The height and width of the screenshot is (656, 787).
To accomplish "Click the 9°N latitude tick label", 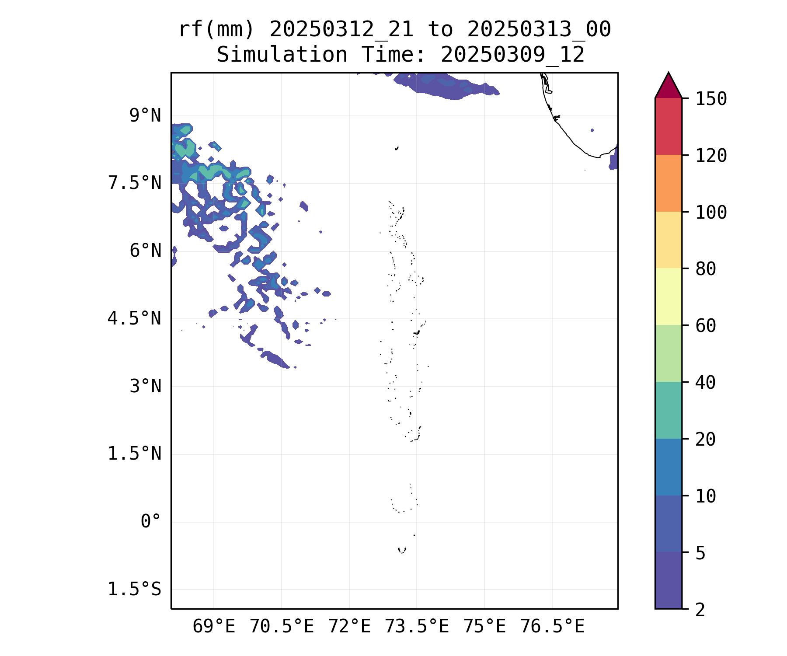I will point(145,116).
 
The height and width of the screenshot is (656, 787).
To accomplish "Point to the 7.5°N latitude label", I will point(135,183).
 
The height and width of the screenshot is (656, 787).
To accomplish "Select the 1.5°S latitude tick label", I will point(135,590).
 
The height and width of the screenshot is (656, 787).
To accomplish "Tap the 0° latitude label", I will point(150,522).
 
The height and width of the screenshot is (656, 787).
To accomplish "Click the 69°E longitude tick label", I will point(214,627).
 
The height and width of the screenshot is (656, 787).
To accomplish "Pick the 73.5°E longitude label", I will point(417,627).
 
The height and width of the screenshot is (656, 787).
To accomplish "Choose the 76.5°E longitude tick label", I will point(552,627).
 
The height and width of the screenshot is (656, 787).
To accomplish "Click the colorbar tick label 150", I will point(711,99).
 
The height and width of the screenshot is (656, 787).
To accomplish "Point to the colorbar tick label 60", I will point(706,326).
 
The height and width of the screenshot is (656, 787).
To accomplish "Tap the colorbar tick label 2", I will point(700,610).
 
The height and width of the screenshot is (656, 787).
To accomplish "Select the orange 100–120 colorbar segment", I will point(668,183).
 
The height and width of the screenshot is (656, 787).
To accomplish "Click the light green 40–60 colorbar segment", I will point(668,353).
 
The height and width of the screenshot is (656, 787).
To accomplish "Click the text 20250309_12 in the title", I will point(512,55).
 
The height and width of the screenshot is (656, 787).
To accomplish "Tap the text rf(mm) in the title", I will point(216,30).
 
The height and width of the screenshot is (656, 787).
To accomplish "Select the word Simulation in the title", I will point(282,55).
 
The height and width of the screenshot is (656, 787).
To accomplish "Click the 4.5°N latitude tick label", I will point(135,319).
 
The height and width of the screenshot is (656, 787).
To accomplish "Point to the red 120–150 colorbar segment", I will point(668,126).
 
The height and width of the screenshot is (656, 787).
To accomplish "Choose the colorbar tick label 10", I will point(706,496).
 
